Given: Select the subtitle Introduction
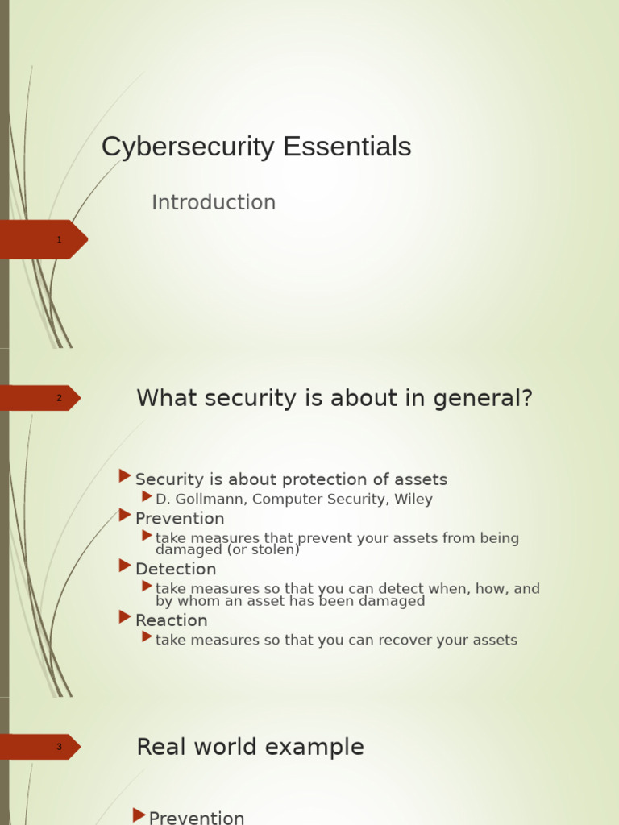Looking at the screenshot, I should [214, 203].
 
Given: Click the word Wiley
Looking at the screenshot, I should [413, 500].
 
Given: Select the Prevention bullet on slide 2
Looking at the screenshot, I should [180, 519].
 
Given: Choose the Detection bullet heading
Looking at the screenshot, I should [176, 570].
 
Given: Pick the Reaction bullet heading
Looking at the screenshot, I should [172, 620].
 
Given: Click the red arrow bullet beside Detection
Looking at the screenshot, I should [125, 566].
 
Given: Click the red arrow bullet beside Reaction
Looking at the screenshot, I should [125, 617].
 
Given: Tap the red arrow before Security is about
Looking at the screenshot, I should [125, 475].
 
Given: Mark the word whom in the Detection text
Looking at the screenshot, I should [199, 601].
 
